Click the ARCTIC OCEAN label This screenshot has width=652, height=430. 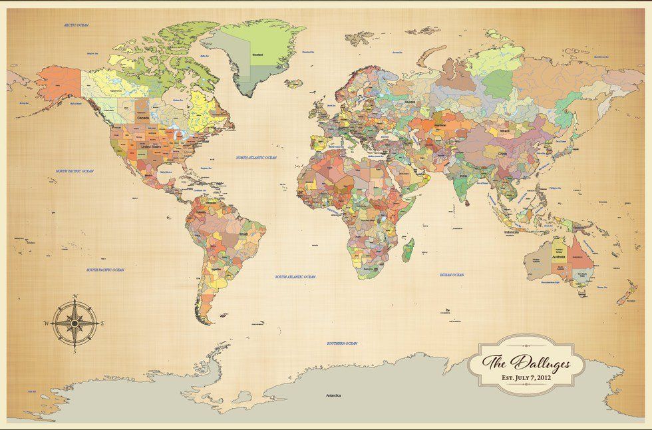pos(77,25)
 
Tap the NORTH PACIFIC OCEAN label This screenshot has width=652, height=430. pos(75,171)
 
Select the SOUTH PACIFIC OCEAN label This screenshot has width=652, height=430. pos(106,270)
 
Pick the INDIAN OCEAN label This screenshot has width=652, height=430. pos(452,274)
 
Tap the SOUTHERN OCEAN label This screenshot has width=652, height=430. pos(342,343)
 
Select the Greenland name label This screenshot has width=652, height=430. pos(257,53)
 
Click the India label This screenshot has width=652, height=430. pos(463,176)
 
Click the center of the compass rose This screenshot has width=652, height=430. pos(74,322)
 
